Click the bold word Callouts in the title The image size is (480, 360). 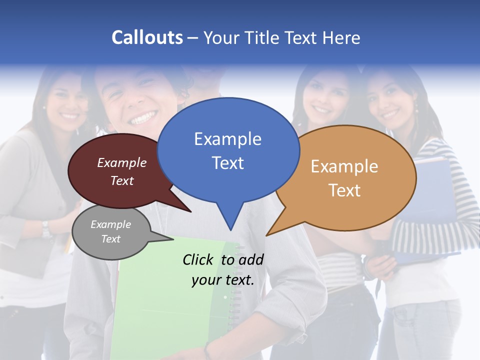[x=147, y=37]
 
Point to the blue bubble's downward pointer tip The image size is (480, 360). [x=230, y=229]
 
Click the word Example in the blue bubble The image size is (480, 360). [x=227, y=139]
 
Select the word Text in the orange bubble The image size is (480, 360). [x=344, y=190]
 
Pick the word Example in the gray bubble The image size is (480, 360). [x=110, y=224]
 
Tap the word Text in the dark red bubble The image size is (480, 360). [x=122, y=180]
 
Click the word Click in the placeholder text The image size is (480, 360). [x=197, y=259]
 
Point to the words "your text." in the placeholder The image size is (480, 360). [x=222, y=280]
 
